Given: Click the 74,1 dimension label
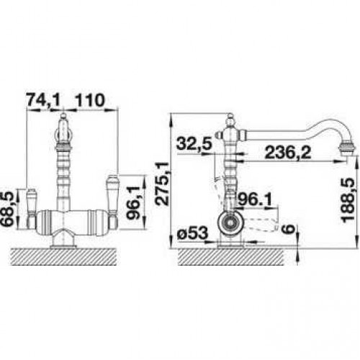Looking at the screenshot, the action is point(42,100).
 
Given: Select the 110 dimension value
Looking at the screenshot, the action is point(90,100).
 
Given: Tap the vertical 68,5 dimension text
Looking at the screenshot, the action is point(9,208).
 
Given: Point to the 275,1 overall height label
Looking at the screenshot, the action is point(162,184).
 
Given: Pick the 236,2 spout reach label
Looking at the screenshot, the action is point(288,153).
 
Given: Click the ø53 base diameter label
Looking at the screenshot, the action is point(192,233).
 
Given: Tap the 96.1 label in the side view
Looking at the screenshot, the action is point(255,199).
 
